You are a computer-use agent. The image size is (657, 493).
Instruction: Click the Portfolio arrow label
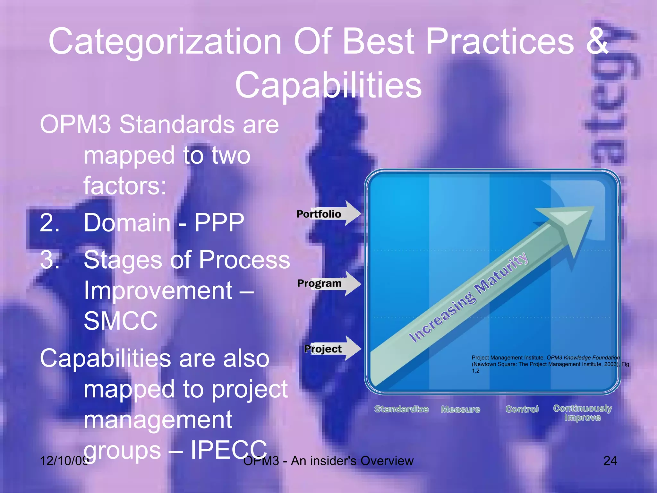point(319,214)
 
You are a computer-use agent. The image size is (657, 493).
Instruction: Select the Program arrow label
point(319,283)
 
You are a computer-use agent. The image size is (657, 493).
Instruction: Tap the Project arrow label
point(323,349)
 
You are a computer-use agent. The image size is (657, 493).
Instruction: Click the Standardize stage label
point(401,409)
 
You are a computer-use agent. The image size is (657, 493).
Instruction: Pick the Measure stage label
point(460,410)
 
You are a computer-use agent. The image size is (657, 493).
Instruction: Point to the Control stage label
point(522,409)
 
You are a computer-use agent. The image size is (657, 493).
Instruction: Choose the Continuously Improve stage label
point(583,413)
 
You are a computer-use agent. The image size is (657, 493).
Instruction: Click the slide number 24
point(610,461)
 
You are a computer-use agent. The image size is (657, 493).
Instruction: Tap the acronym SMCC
point(121,321)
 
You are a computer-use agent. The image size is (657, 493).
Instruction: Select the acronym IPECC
point(229,450)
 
